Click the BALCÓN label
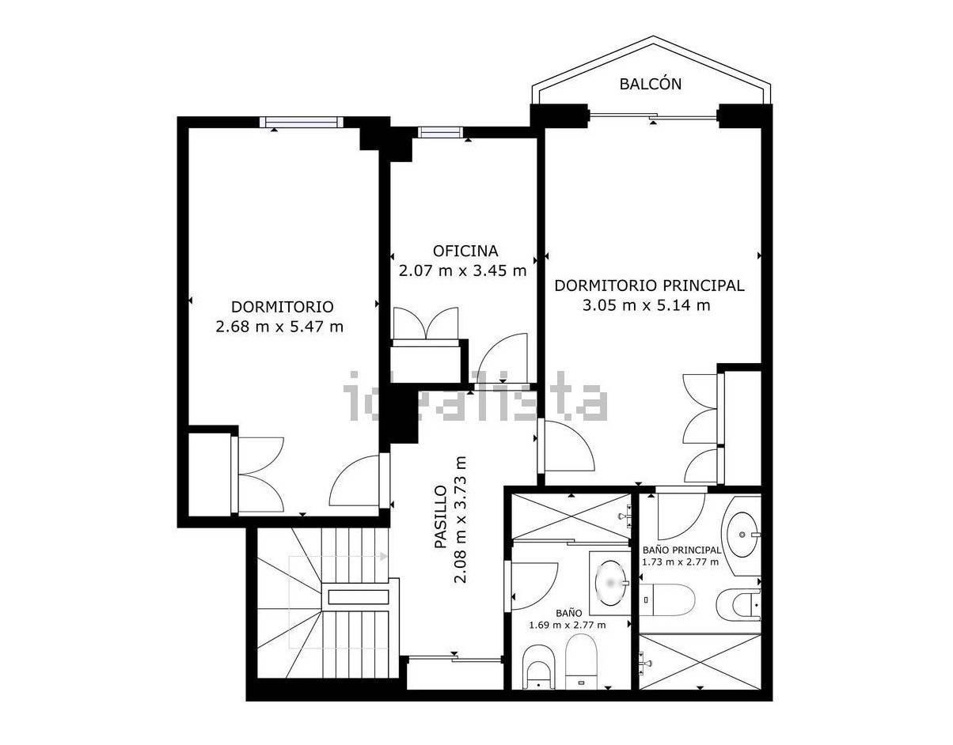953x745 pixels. click(651, 84)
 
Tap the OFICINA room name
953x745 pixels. click(465, 251)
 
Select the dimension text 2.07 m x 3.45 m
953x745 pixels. click(463, 270)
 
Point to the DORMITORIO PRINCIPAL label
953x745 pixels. click(650, 286)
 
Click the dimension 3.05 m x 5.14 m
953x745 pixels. click(647, 305)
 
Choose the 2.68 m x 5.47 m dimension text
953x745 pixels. click(279, 327)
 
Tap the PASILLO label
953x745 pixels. click(441, 516)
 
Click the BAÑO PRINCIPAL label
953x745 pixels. click(682, 550)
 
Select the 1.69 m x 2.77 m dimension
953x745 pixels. click(568, 626)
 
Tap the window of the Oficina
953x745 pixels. click(440, 132)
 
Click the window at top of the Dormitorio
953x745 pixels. click(301, 122)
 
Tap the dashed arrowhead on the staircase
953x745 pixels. click(384, 556)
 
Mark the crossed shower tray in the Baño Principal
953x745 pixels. click(700, 661)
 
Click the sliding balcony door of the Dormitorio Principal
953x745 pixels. click(653, 116)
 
